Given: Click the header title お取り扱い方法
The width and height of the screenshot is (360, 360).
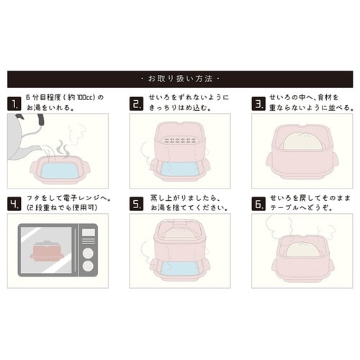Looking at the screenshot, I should tap(180, 78).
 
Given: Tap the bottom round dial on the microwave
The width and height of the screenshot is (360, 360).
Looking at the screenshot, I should tap(87, 266).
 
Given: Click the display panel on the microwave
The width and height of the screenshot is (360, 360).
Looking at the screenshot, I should tap(87, 234).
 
